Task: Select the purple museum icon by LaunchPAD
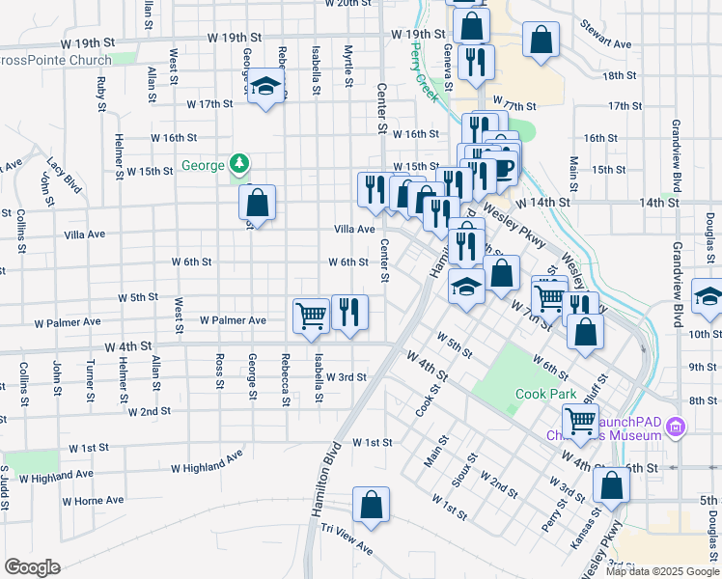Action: tap(675, 425)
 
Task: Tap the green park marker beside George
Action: tap(238, 164)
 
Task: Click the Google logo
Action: tap(32, 566)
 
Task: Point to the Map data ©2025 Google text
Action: tap(661, 571)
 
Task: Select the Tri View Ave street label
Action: tap(347, 538)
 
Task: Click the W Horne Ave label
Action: tap(94, 501)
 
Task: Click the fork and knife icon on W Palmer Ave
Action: tap(349, 311)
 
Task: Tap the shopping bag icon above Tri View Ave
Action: tap(371, 504)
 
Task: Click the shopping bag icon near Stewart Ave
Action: tap(541, 40)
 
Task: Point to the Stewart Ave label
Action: tap(605, 35)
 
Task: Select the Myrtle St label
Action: tap(347, 61)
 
